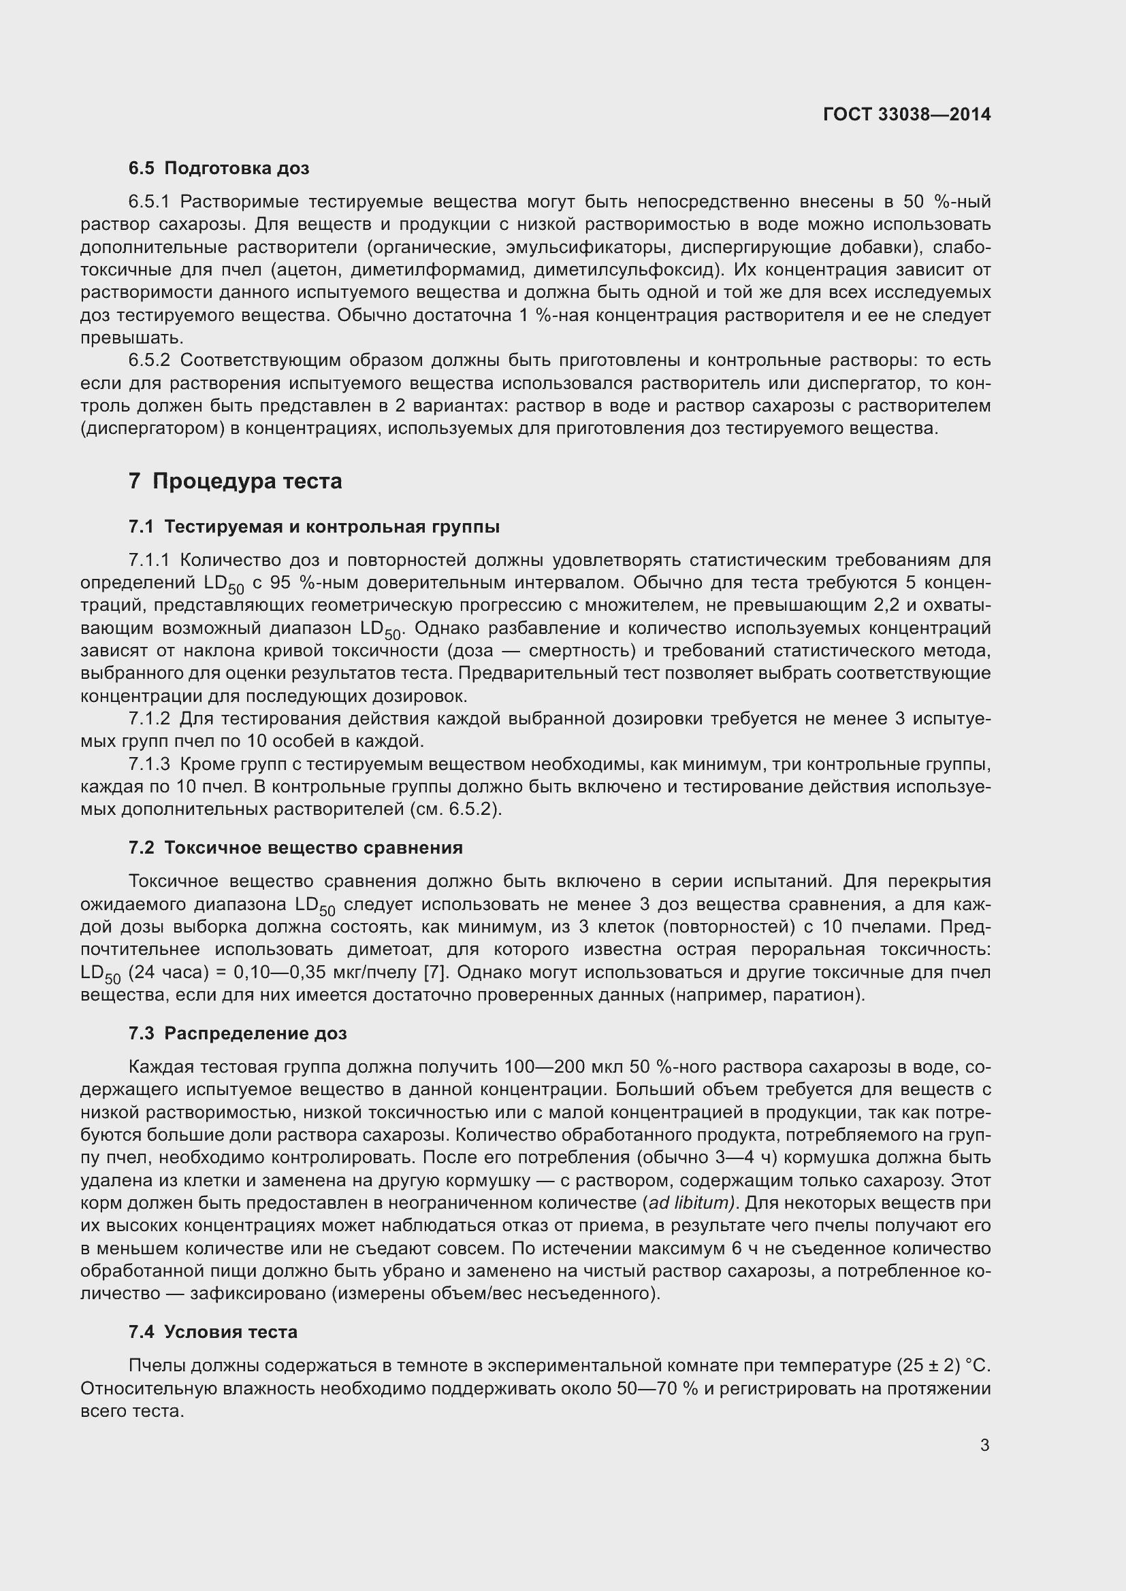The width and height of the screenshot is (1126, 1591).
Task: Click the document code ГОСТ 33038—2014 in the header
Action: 906,114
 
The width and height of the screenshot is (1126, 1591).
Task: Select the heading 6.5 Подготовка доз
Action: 219,169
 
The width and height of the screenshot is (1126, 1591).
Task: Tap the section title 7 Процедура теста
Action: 235,481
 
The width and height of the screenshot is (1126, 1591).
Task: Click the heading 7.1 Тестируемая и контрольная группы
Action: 313,526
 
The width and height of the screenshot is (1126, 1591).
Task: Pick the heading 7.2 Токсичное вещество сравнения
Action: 295,848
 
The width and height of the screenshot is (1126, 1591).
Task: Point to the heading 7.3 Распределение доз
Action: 237,1033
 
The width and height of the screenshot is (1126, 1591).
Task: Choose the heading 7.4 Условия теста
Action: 213,1332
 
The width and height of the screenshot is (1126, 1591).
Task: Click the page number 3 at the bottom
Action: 984,1445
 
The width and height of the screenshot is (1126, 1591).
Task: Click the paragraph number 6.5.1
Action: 149,201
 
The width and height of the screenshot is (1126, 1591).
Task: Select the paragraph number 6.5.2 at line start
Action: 149,361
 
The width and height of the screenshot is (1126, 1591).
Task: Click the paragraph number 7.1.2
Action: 149,718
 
